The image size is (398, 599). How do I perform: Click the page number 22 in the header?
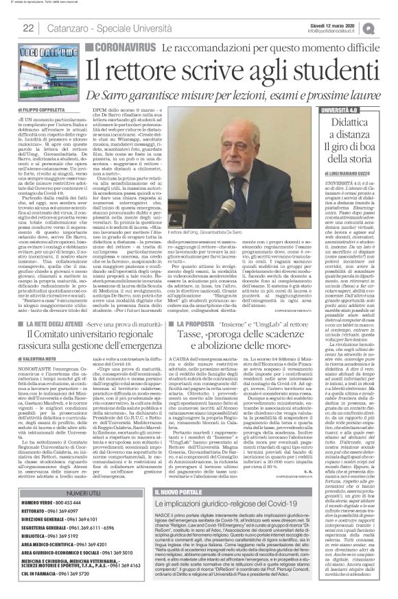coord(29,27)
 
